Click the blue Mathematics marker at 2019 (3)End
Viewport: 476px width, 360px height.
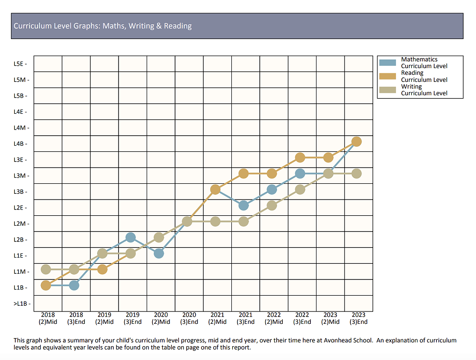click(x=131, y=237)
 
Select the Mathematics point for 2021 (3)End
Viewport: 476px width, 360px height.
click(x=244, y=205)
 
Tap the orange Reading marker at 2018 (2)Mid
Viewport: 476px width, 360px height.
click(x=46, y=285)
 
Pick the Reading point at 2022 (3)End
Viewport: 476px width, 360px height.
click(x=300, y=158)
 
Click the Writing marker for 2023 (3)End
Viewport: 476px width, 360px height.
click(x=357, y=174)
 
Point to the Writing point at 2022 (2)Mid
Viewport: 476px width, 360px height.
click(x=272, y=205)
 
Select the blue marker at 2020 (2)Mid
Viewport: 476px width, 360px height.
click(x=159, y=253)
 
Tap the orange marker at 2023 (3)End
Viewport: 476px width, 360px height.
click(x=357, y=141)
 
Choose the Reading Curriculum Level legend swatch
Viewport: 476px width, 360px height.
click(x=387, y=76)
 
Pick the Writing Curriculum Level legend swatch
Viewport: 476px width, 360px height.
click(x=387, y=90)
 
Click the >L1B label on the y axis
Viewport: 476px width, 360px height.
click(x=20, y=304)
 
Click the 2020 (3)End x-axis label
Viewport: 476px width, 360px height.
click(x=189, y=318)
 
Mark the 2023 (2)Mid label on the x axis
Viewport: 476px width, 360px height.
click(x=330, y=318)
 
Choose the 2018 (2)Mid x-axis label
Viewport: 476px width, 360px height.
click(x=48, y=318)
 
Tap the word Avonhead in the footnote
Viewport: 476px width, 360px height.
click(x=335, y=340)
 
